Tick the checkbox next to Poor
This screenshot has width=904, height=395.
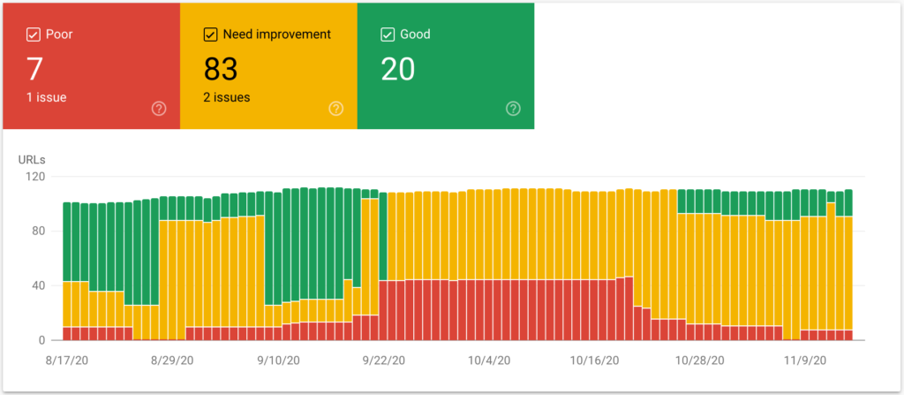34,34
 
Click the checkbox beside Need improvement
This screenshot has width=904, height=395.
211,34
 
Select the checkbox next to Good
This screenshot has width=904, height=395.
388,34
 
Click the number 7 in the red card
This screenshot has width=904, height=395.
34,68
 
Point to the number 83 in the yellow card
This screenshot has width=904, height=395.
221,68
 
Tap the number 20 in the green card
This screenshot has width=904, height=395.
397,68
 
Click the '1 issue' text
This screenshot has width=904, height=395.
47,97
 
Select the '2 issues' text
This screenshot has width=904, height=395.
227,97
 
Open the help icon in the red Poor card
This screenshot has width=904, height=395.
159,109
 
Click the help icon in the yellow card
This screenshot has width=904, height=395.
335,109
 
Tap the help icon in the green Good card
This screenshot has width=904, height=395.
513,109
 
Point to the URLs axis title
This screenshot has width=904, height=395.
32,160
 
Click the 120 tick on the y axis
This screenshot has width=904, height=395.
34,177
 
